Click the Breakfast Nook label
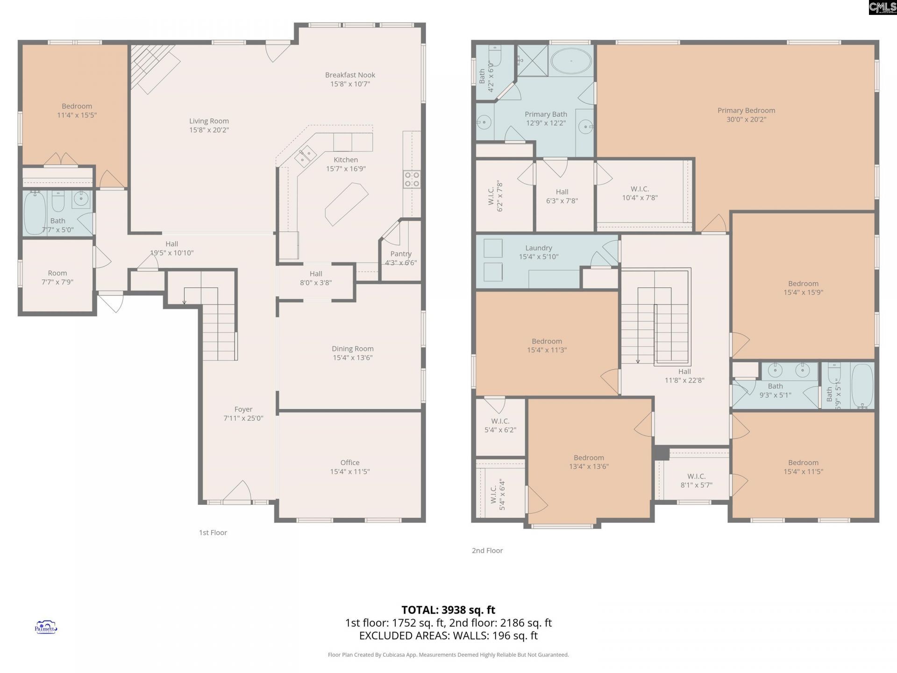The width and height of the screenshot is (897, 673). point(350,75)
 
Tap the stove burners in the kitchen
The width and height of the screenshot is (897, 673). point(412,179)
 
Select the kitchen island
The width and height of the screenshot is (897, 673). point(347,204)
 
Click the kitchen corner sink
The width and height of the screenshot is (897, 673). point(305,156)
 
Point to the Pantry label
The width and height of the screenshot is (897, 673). point(401,254)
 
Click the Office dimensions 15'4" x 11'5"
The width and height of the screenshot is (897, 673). point(350,472)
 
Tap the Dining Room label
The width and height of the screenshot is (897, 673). point(352,349)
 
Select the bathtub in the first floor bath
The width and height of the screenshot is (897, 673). point(35,213)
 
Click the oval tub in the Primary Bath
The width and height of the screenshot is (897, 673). point(570,61)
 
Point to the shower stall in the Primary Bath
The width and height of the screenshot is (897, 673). point(532,60)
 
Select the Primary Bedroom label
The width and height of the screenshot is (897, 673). point(746,110)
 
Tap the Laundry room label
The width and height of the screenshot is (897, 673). point(538,248)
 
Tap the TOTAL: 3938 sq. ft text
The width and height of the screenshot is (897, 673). point(448,610)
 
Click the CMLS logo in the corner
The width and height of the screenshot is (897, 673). point(882,7)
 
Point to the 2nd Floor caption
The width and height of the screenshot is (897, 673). point(487,551)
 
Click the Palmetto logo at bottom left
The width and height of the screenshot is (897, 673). point(46,627)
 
